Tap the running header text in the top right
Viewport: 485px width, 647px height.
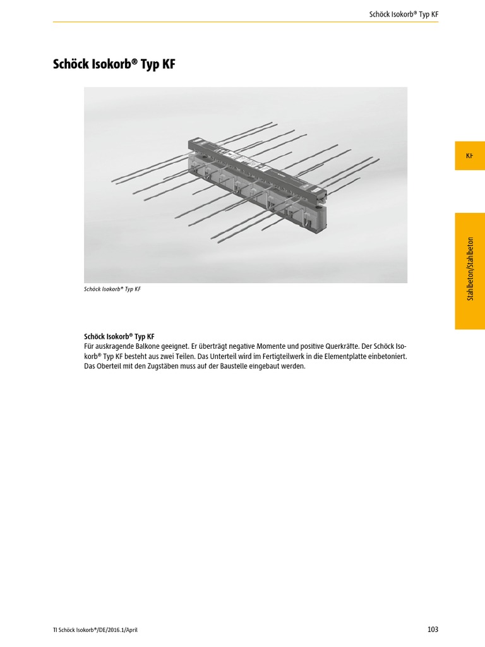tap(404, 14)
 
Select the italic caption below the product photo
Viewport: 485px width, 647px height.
tap(112, 289)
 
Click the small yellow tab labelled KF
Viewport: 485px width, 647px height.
tap(469, 155)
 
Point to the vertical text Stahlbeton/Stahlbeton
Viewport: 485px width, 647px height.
tap(469, 268)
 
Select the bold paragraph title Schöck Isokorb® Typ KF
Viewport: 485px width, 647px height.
tap(119, 337)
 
